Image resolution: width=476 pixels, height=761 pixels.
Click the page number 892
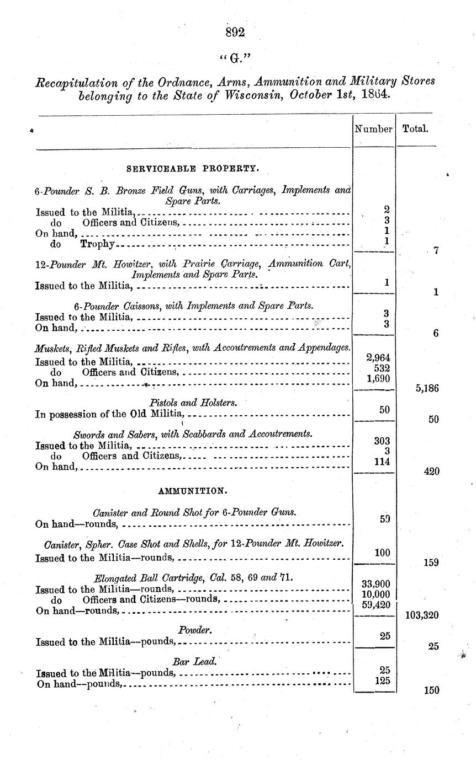click(235, 32)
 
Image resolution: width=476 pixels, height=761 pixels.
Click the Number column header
click(373, 129)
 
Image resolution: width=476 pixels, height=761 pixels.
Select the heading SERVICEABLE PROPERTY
click(192, 167)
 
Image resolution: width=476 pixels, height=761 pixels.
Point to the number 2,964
click(378, 357)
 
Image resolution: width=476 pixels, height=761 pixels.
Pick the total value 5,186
click(426, 388)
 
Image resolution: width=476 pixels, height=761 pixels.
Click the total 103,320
click(422, 615)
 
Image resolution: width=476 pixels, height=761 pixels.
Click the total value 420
click(431, 471)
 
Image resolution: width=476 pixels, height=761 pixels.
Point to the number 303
click(382, 441)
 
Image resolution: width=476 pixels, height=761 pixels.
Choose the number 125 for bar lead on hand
click(382, 680)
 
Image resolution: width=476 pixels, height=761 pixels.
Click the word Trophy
click(97, 244)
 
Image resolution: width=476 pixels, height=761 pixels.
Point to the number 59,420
click(375, 604)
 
